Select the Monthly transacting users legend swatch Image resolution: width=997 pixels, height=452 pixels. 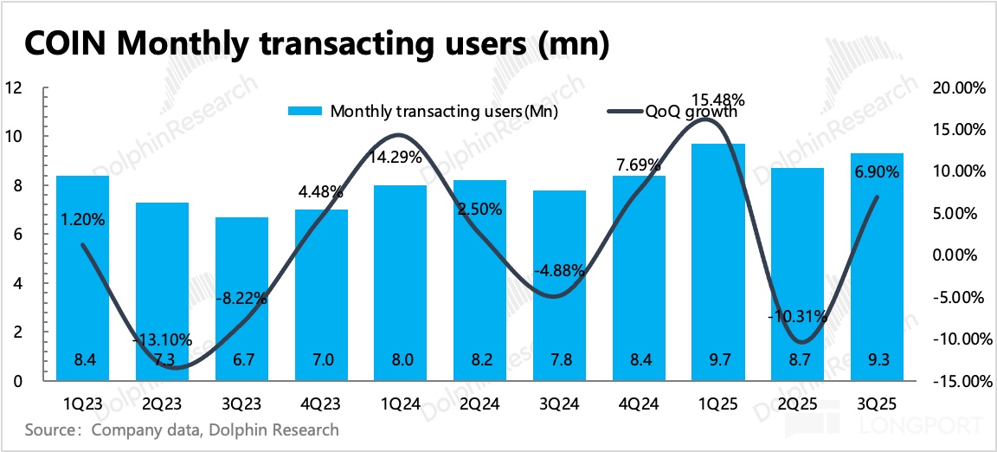tap(305, 111)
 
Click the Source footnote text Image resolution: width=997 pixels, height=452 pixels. tap(182, 429)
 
